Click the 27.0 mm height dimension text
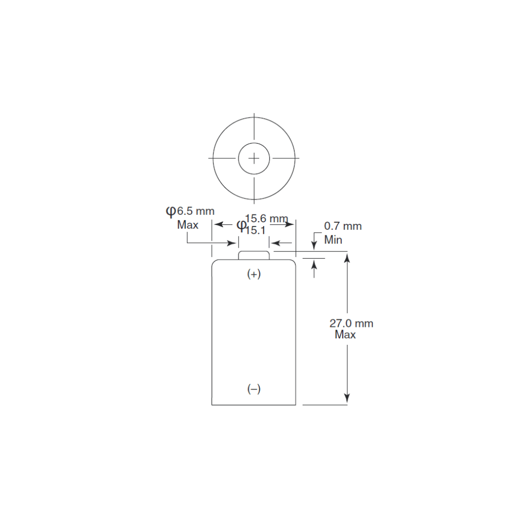pyautogui.click(x=351, y=323)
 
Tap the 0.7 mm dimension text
pyautogui.click(x=343, y=226)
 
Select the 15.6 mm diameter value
pyautogui.click(x=266, y=219)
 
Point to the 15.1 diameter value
pyautogui.click(x=255, y=230)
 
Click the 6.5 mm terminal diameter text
pyautogui.click(x=196, y=211)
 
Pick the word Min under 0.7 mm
pyautogui.click(x=333, y=240)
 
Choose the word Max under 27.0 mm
pyautogui.click(x=345, y=335)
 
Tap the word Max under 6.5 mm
pyautogui.click(x=187, y=224)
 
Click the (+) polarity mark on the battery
pyautogui.click(x=254, y=274)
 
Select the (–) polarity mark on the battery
pyautogui.click(x=254, y=389)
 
